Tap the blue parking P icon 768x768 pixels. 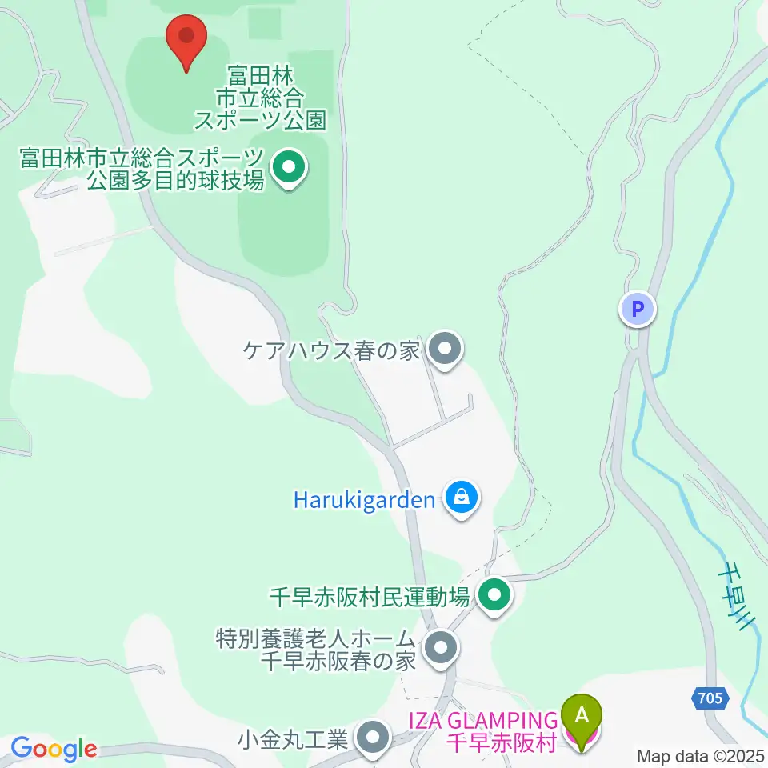[x=638, y=309]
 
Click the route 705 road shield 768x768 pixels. [x=709, y=698]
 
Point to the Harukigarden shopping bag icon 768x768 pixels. [x=462, y=499]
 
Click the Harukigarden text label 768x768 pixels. [x=364, y=501]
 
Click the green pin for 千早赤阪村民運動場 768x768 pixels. [x=494, y=596]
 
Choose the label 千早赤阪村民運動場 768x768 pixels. [x=369, y=597]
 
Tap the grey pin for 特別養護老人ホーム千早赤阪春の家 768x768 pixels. [x=439, y=650]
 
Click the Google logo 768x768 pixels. [x=54, y=750]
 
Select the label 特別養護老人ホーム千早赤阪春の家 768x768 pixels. [x=317, y=650]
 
